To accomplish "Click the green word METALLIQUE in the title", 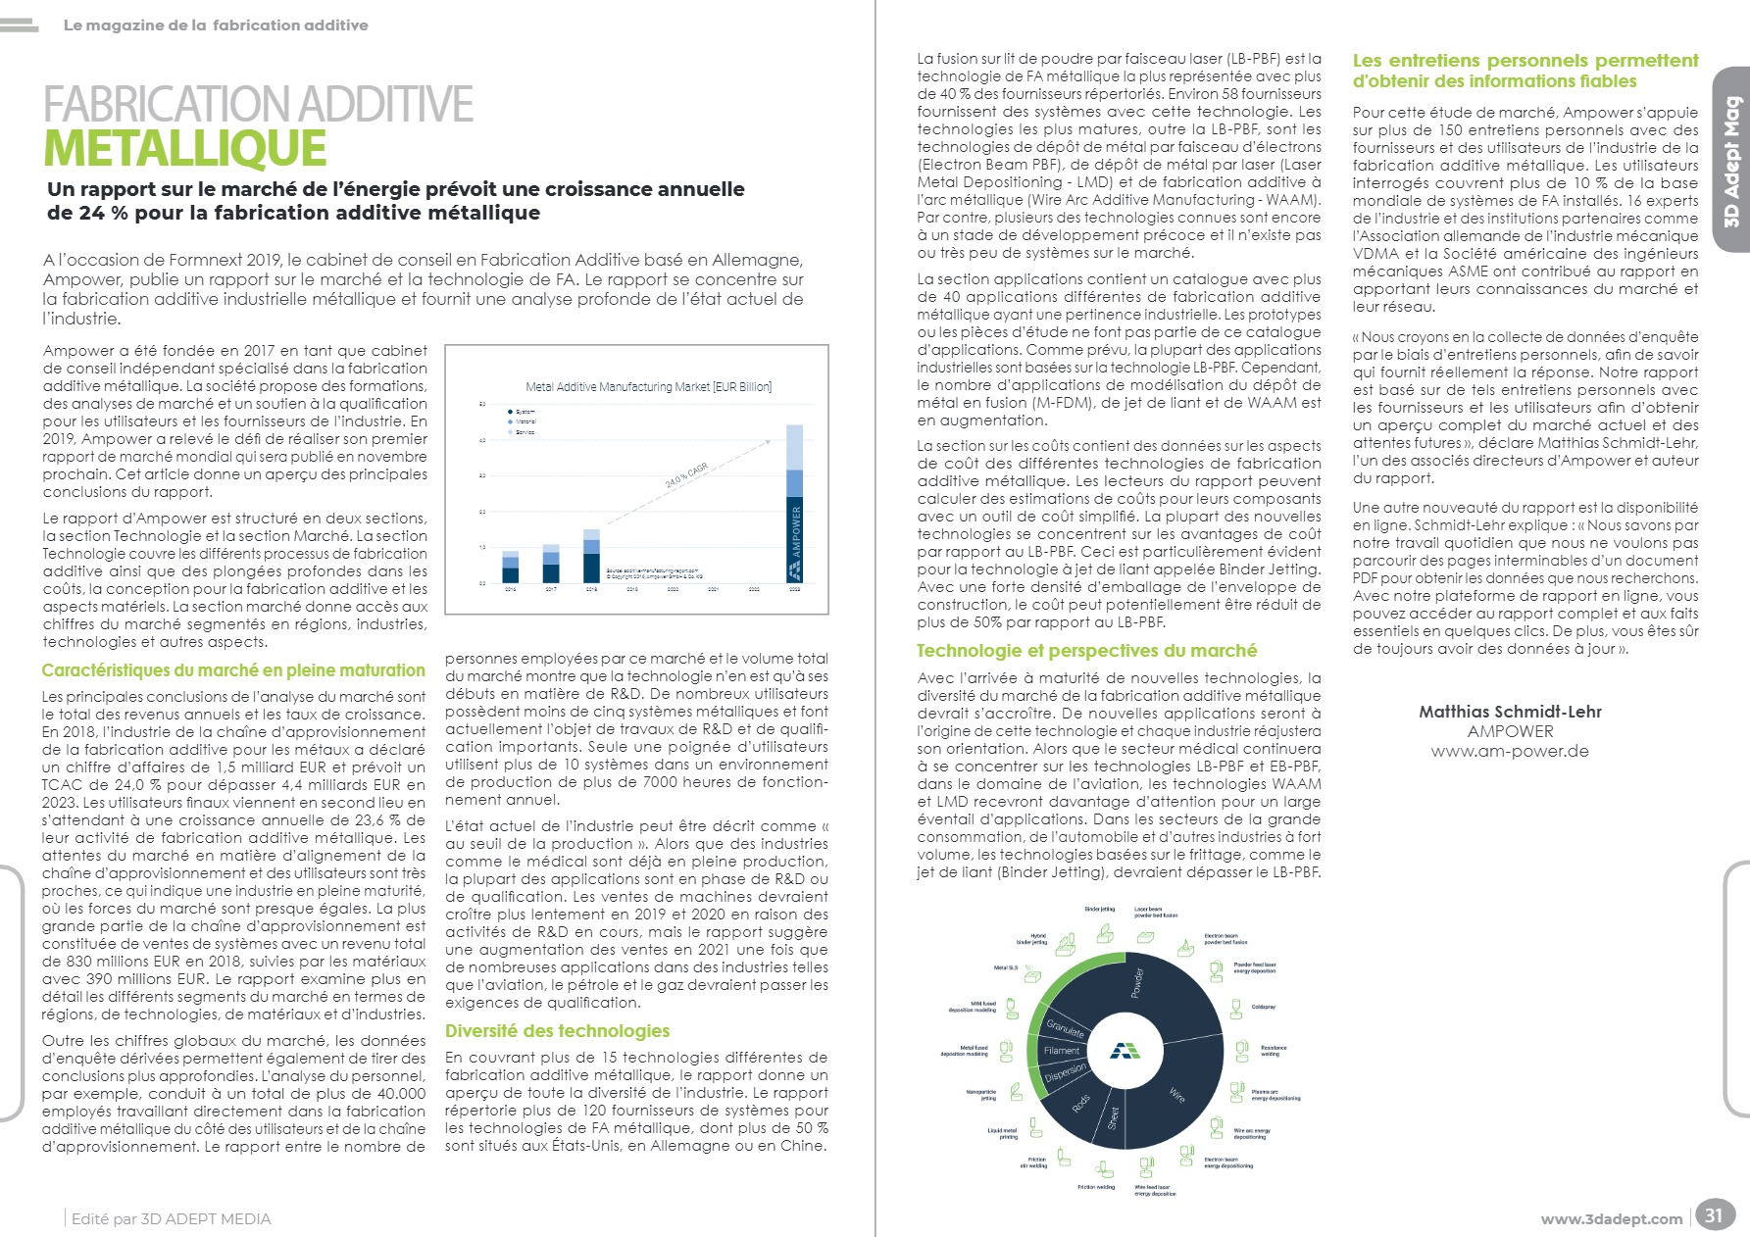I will [x=185, y=148].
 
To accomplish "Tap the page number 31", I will [x=1713, y=1215].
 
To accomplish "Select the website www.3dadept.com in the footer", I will [x=1611, y=1219].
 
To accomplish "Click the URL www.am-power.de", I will [x=1510, y=752].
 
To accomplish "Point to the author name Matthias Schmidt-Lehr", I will [x=1510, y=712].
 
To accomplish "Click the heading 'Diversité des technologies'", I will [x=557, y=1031].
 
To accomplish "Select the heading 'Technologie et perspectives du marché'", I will [x=1086, y=651].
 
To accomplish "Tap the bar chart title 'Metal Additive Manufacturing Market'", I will [x=648, y=387].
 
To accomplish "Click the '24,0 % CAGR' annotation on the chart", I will [x=685, y=477].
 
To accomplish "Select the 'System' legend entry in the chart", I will [x=523, y=412].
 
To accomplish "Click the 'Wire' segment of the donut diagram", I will [x=1177, y=1094].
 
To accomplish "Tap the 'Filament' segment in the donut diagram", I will [x=1062, y=1051].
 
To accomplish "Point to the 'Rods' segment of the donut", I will [x=1080, y=1104].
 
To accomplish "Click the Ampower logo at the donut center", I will [x=1125, y=1051].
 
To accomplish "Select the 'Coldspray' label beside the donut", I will [x=1263, y=1007].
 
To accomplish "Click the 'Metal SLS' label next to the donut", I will [x=1006, y=968].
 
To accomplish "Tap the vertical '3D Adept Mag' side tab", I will [x=1732, y=162].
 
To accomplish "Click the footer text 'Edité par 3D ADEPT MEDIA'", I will [x=172, y=1219].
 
